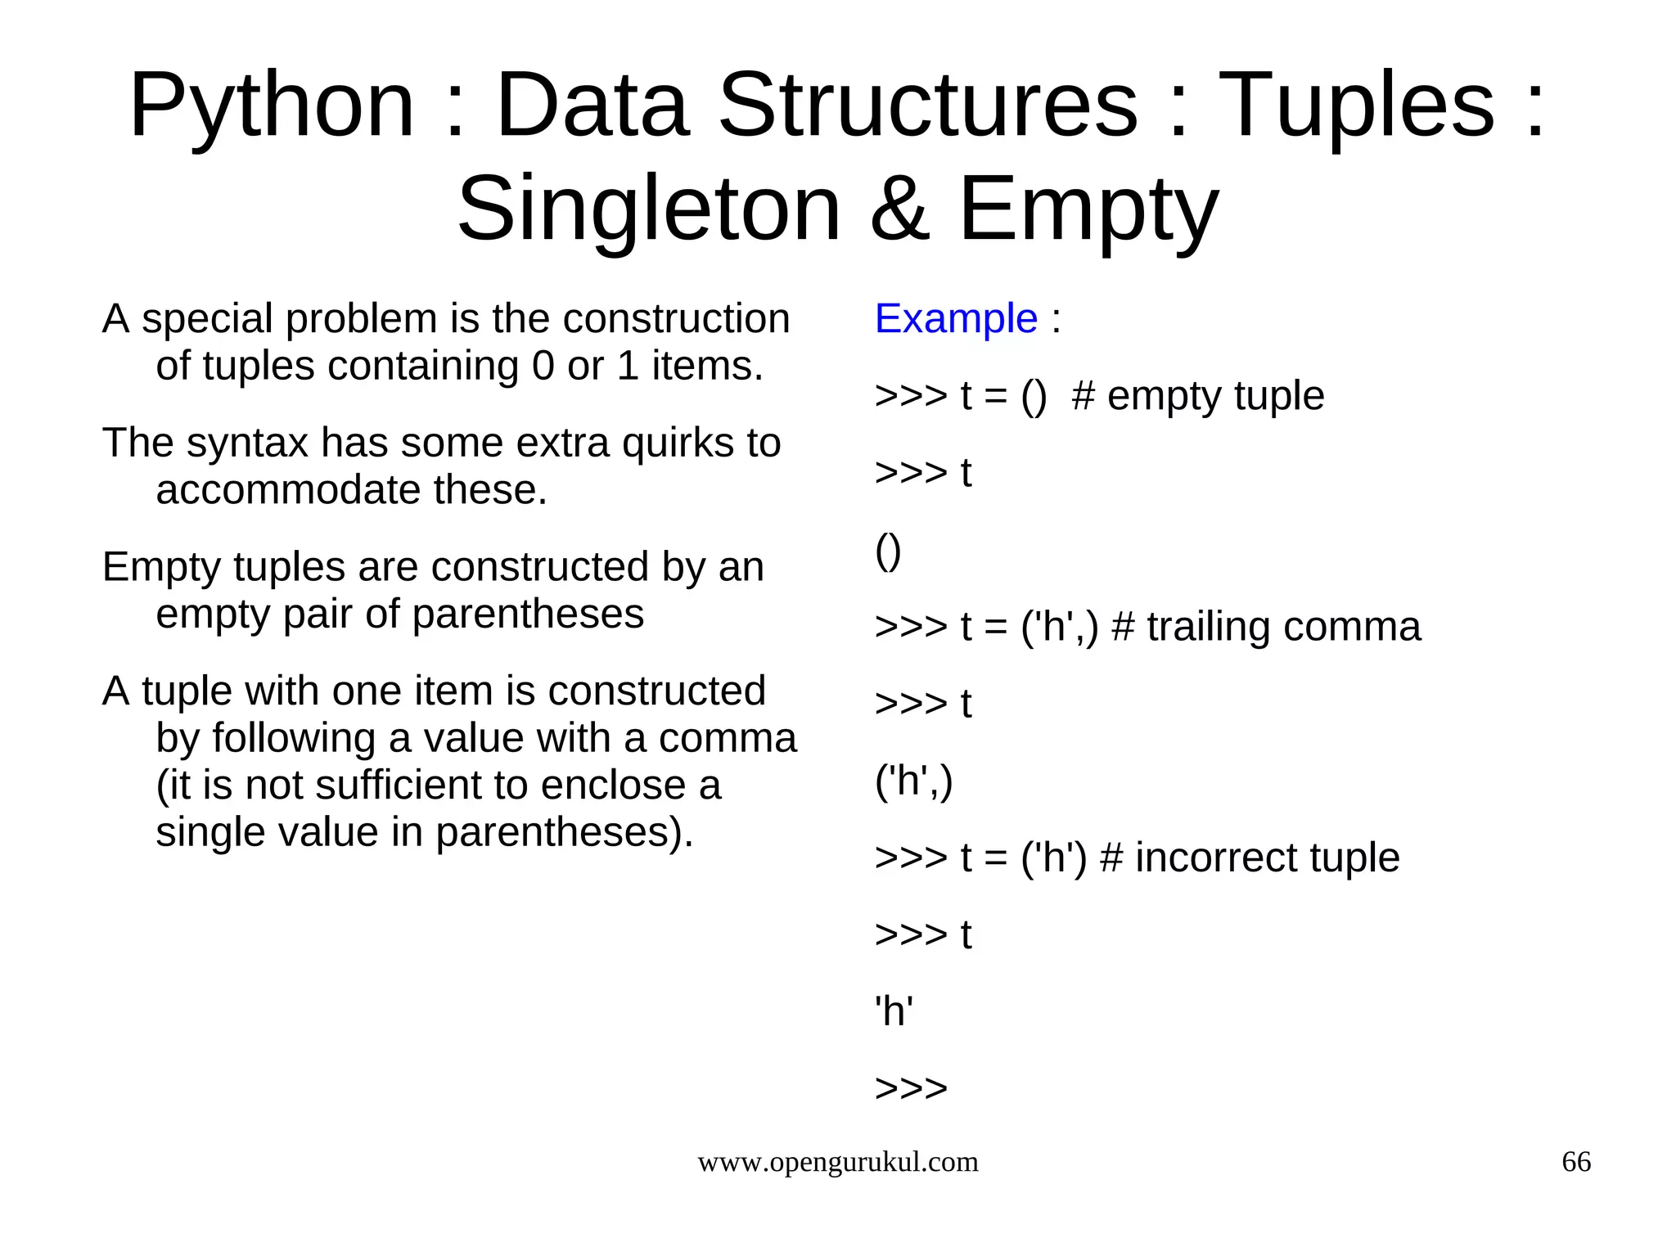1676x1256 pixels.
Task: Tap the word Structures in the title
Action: coord(928,106)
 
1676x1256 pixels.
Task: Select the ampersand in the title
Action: coord(899,210)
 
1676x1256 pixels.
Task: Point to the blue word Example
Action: coord(956,318)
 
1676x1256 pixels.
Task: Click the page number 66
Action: coord(1576,1162)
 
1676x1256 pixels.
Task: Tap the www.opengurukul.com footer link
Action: coord(837,1162)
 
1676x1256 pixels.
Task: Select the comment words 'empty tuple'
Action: coord(1215,396)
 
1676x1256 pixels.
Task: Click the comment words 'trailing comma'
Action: coord(1283,627)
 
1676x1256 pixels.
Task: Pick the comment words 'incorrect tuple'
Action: coord(1267,858)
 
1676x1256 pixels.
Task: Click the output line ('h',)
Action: coord(913,781)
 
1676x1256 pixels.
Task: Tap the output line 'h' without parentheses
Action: coord(894,1011)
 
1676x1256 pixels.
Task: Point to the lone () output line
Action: coord(888,551)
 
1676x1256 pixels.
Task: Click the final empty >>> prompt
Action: coord(911,1088)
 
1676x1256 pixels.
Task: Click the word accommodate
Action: coord(288,490)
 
